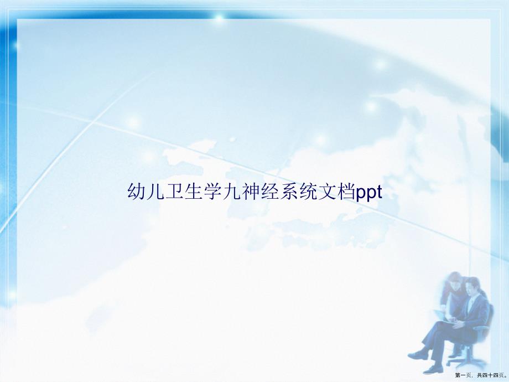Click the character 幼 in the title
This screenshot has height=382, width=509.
tap(136, 192)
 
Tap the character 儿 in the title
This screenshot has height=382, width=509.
tap(155, 192)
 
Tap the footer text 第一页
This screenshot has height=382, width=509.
tap(464, 375)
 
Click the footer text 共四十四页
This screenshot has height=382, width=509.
tap(491, 375)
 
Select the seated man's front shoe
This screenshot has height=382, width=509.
tap(418, 355)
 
